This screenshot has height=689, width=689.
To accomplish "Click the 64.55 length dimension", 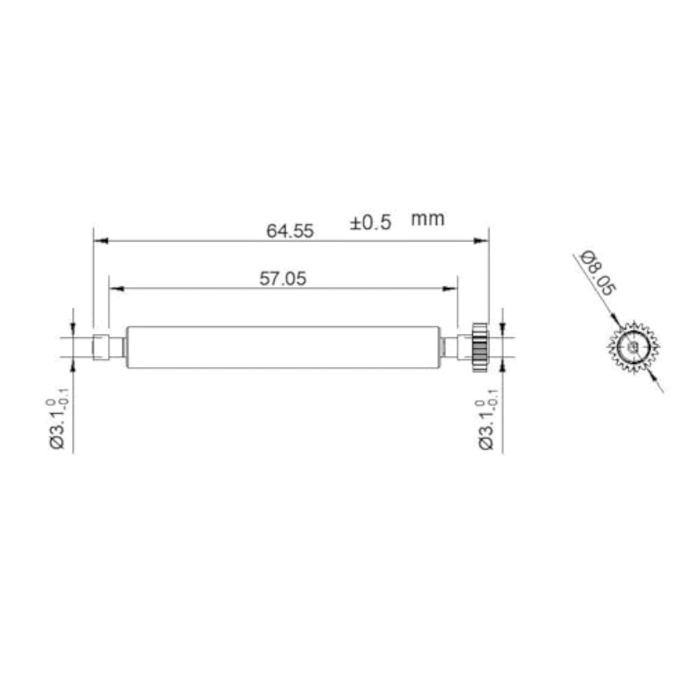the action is (x=290, y=231).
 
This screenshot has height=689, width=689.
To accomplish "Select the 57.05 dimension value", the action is (x=283, y=278).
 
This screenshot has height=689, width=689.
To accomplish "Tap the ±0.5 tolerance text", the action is (x=370, y=222).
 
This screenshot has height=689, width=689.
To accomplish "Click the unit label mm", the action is (x=428, y=219).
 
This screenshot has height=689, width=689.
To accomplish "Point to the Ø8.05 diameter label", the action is (x=597, y=273).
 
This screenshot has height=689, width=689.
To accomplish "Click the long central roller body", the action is (x=283, y=347).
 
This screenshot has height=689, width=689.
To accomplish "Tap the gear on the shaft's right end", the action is (x=480, y=347).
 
